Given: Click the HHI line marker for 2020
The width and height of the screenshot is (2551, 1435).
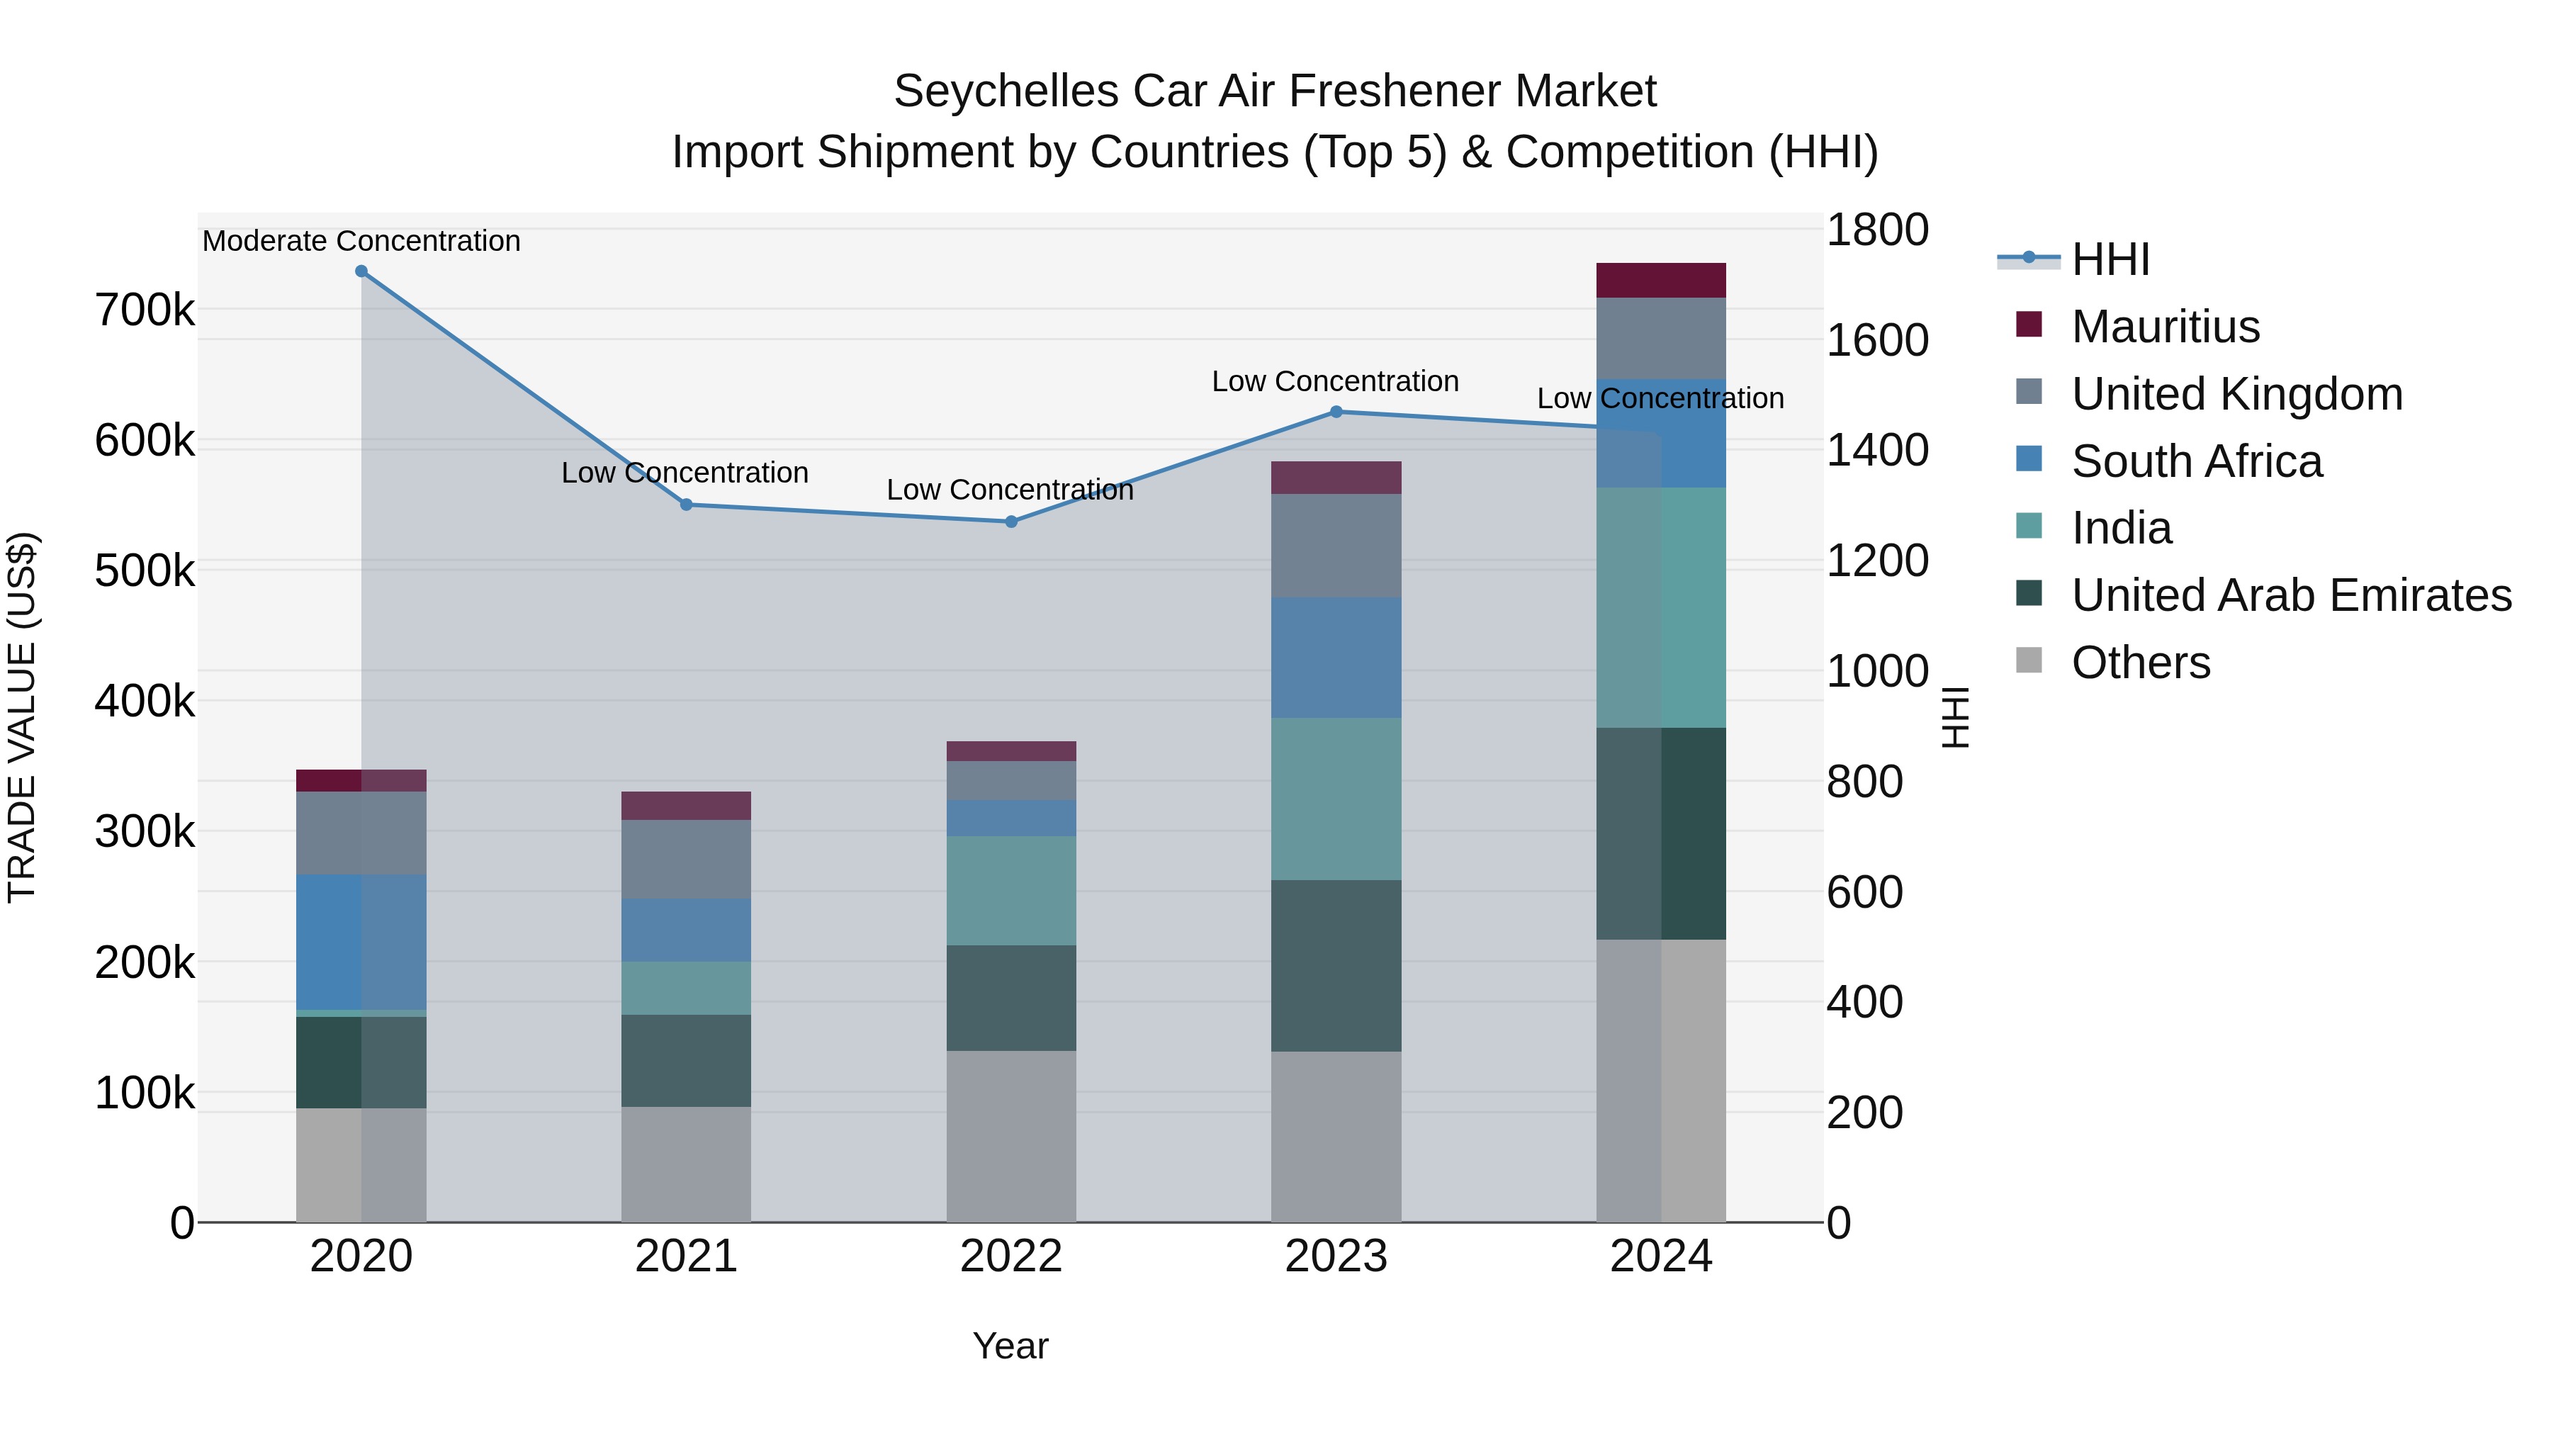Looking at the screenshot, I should point(361,271).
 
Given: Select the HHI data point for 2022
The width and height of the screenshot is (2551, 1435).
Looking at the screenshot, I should point(1011,522).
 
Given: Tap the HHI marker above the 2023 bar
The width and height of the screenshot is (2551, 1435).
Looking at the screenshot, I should point(1336,412).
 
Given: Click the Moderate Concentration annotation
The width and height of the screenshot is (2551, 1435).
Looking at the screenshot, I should point(361,242).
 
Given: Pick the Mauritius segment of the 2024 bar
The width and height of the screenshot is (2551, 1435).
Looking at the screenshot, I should point(1661,280).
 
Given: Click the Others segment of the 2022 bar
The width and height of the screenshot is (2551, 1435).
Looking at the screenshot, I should point(1011,1136).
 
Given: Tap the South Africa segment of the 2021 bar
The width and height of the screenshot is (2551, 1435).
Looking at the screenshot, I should point(686,930).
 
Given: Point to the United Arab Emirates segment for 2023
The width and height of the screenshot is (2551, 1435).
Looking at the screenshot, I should point(1336,966).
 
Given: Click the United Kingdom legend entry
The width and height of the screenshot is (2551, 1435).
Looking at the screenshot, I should point(2236,394).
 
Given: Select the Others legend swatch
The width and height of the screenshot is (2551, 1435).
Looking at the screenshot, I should point(2029,660).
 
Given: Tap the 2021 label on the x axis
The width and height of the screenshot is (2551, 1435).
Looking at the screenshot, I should point(686,1256).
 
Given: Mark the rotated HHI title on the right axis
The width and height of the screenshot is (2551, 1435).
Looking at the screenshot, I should point(1956,717).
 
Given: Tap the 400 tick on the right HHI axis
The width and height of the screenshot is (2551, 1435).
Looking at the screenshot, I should point(1864,1002).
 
